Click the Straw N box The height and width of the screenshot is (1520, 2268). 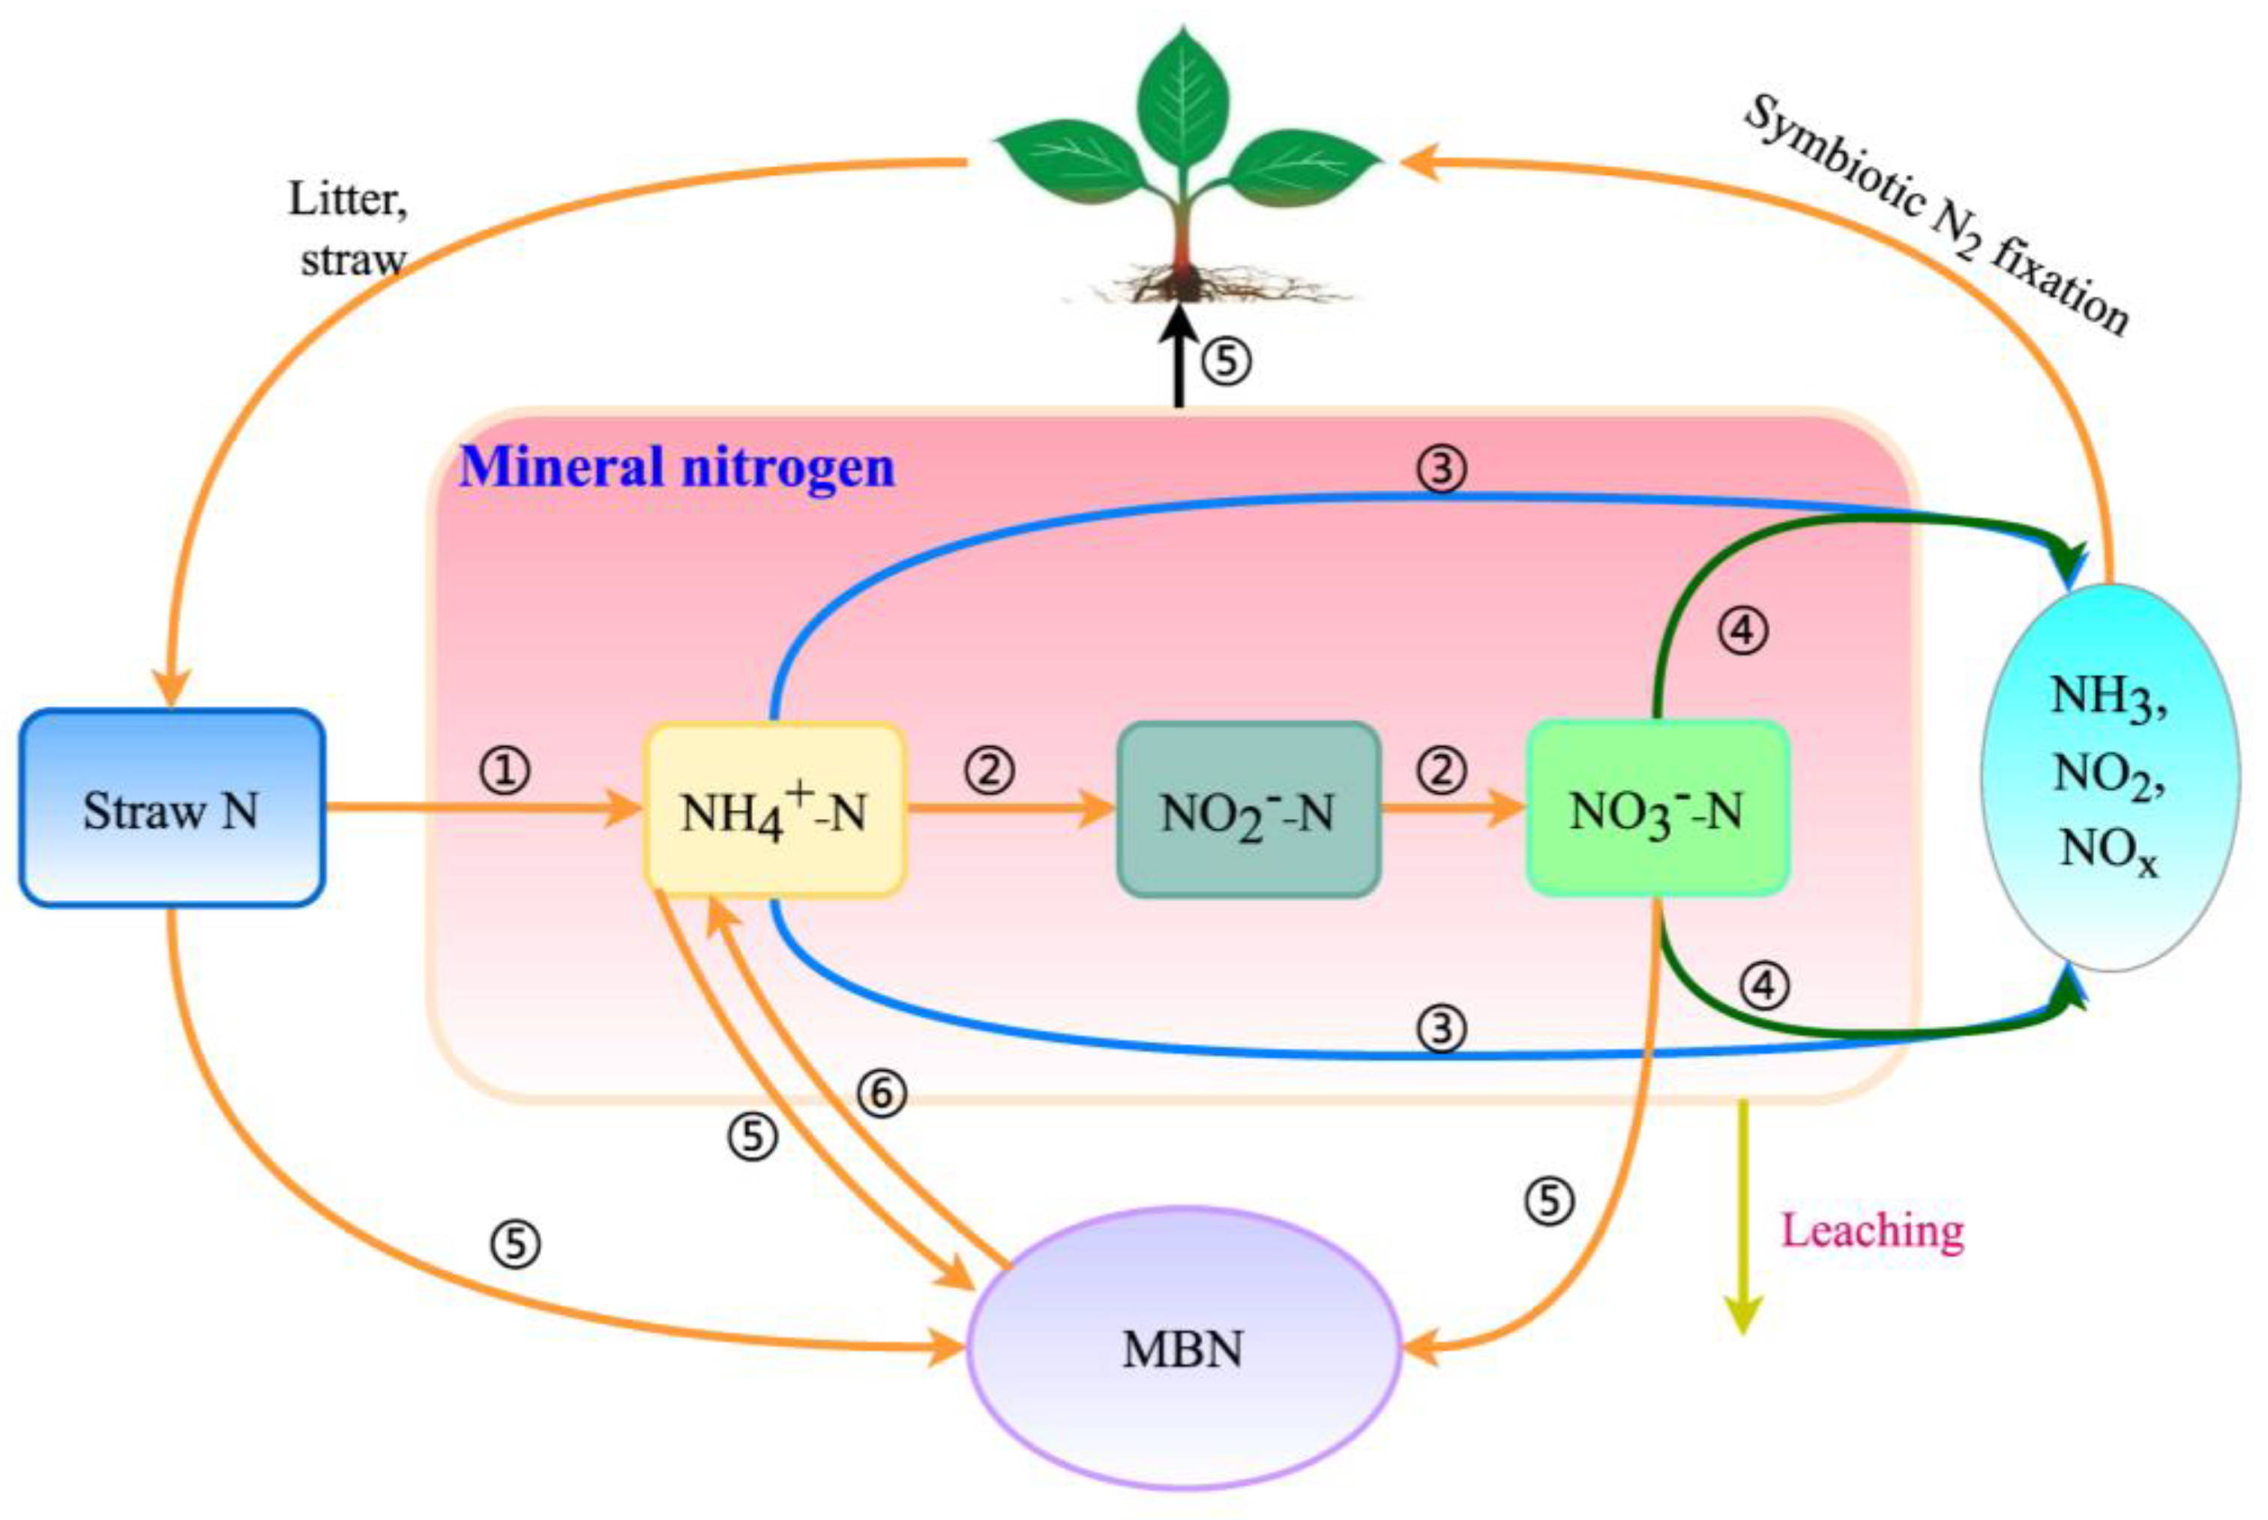(x=171, y=808)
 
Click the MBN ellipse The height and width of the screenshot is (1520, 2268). (x=1183, y=1348)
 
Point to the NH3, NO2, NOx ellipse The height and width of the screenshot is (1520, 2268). (x=2109, y=775)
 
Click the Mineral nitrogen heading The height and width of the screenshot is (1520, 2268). (x=676, y=466)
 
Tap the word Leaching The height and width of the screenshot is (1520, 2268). (x=1873, y=1231)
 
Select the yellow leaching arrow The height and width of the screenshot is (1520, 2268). (x=1742, y=1222)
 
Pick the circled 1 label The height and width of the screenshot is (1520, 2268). (x=506, y=772)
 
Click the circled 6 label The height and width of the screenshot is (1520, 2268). (x=882, y=1093)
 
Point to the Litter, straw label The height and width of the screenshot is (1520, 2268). (x=349, y=229)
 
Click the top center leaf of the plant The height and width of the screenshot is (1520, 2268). (x=1183, y=97)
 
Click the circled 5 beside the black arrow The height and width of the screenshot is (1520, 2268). (x=1227, y=361)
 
